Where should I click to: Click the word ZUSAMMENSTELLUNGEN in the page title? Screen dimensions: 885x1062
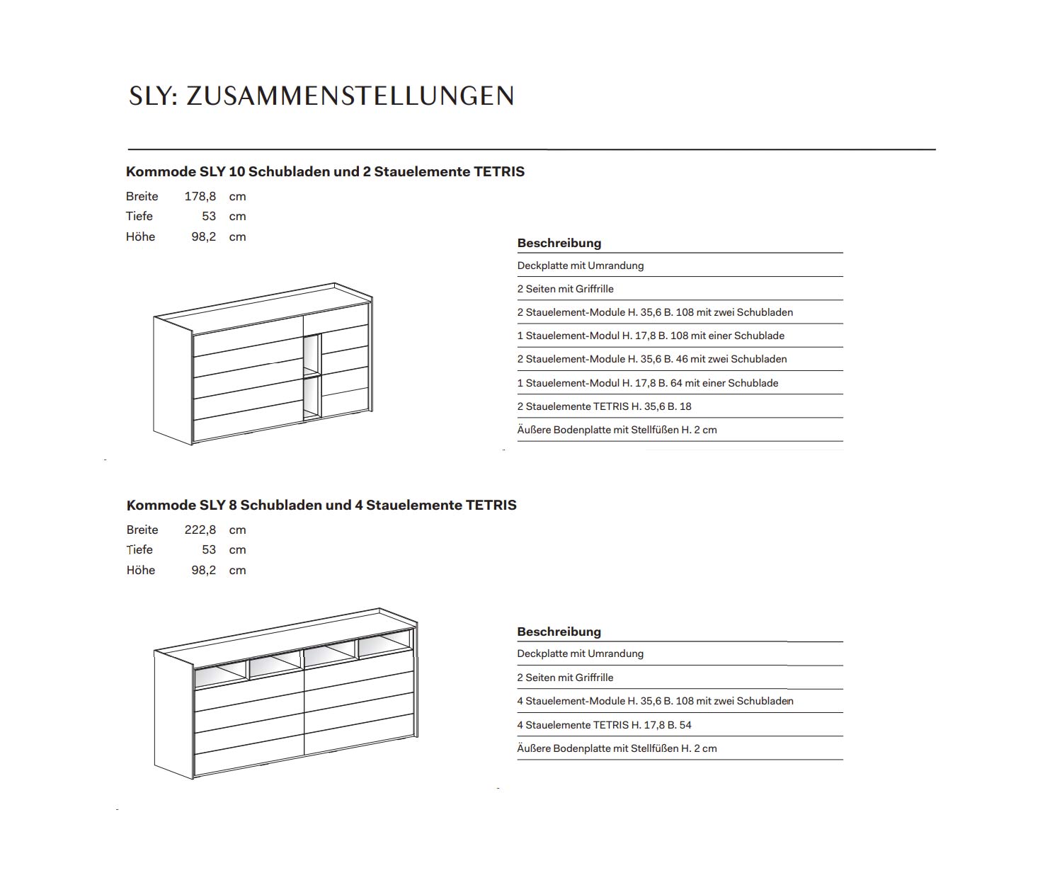(350, 96)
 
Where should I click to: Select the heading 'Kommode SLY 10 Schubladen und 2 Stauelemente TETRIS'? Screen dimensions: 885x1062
(325, 171)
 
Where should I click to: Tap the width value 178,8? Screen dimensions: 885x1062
(200, 196)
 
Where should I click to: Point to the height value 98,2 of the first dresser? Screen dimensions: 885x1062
(203, 236)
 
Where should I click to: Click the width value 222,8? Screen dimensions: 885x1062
(200, 530)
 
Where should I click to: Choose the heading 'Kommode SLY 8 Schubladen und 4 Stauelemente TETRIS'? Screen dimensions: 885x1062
(321, 505)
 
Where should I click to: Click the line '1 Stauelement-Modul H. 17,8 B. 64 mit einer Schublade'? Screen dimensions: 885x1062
(647, 383)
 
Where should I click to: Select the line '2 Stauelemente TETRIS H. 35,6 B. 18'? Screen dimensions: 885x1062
(604, 406)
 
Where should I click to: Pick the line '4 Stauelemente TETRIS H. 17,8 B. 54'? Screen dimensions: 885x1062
(604, 725)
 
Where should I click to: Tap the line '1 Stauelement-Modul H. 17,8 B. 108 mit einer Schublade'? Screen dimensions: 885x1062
(651, 336)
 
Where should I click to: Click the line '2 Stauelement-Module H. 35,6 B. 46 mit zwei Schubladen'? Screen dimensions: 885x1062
(651, 359)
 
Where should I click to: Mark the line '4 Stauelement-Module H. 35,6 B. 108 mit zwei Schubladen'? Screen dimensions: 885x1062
(655, 701)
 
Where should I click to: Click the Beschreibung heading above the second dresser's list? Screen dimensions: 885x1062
(559, 632)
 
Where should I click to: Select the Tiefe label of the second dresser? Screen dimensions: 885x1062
(139, 549)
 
